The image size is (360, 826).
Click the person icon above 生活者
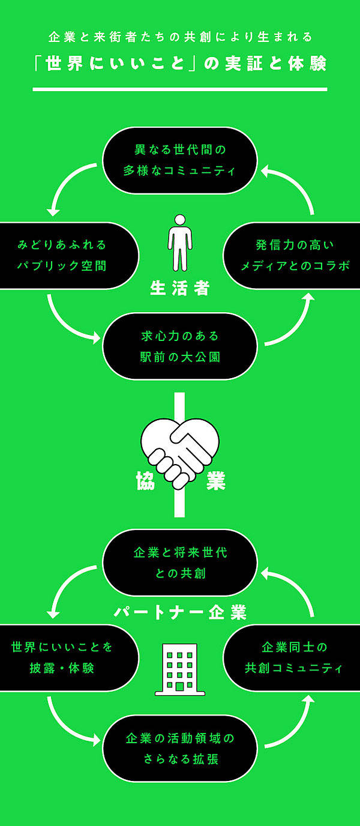coord(180,243)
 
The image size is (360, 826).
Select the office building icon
coord(180,669)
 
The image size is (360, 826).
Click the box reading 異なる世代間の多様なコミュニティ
coord(180,160)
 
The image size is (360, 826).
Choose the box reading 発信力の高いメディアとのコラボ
coord(293,255)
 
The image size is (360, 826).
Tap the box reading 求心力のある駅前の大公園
coord(180,346)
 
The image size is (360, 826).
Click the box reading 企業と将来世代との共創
coord(180,562)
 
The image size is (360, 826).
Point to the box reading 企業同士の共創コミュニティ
coord(293,657)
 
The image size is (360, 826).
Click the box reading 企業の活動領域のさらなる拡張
coord(180,748)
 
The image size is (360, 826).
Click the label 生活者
coord(180,289)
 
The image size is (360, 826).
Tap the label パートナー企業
coord(180,613)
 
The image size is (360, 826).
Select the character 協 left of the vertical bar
coord(146,481)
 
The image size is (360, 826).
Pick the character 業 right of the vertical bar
coord(215,481)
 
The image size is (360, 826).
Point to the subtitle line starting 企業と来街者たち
coord(180,37)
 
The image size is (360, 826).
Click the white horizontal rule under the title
coord(180,89)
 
